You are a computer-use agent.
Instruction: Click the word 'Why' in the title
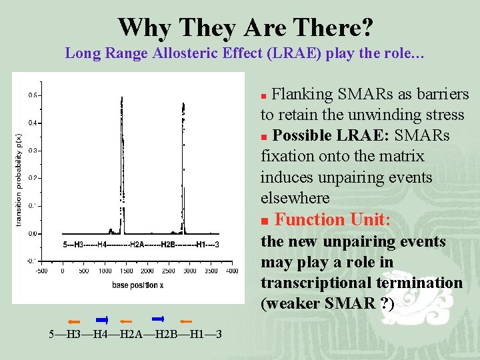(x=141, y=27)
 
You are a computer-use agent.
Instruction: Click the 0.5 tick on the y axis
(x=33, y=95)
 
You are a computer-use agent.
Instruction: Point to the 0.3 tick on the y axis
(x=33, y=151)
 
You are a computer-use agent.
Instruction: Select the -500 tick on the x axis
(x=41, y=271)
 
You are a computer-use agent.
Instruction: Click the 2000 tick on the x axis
(x=147, y=271)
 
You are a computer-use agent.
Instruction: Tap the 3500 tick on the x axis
(x=210, y=271)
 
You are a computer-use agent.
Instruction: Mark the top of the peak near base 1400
(x=121, y=98)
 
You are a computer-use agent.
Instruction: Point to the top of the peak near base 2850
(x=183, y=103)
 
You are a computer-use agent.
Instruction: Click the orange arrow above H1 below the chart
(x=185, y=321)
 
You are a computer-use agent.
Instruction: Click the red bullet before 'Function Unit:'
(x=265, y=221)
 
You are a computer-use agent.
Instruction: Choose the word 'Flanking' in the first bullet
(x=299, y=95)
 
